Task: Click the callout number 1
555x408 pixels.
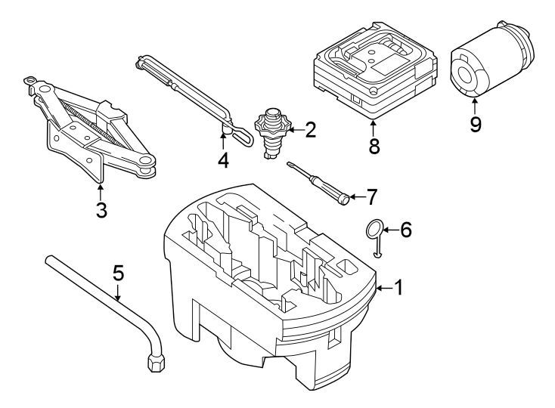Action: pos(400,288)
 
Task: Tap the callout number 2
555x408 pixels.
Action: pos(309,131)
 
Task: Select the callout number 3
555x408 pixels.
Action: pos(101,209)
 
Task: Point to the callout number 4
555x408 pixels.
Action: pos(222,160)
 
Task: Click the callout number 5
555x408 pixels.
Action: pos(117,271)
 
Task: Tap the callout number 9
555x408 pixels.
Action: pos(475,124)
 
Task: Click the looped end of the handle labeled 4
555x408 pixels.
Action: pos(243,137)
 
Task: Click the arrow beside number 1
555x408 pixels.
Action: pos(384,288)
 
